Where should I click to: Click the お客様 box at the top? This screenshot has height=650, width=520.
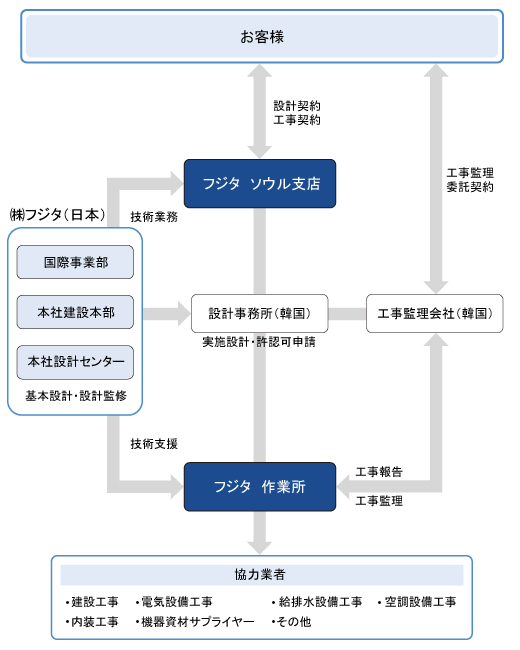click(262, 36)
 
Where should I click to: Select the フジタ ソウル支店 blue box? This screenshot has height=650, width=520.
click(260, 183)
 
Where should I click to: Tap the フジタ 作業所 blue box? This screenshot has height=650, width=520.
click(260, 487)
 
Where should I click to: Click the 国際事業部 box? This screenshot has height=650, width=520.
click(75, 262)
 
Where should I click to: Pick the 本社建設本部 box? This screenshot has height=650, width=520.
click(75, 312)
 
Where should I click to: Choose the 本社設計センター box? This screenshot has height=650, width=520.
click(75, 362)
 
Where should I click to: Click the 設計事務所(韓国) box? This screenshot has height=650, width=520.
click(260, 313)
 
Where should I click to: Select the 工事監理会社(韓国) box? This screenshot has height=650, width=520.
click(435, 313)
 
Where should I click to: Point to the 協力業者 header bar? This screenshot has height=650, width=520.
click(262, 575)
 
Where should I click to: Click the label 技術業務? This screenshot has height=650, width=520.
click(154, 216)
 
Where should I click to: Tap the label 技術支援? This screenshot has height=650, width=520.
click(154, 444)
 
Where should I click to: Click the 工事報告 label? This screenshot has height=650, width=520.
click(379, 472)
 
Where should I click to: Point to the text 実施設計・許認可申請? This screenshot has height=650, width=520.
click(259, 342)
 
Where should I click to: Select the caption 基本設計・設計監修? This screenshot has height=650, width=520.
click(76, 396)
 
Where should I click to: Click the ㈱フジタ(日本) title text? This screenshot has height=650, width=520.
click(57, 215)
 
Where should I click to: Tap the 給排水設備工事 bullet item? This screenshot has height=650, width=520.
click(317, 601)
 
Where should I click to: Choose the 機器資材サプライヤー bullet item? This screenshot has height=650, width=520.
click(195, 621)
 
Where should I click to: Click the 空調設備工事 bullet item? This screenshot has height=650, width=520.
click(417, 601)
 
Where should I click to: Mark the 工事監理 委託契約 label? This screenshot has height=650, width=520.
click(470, 180)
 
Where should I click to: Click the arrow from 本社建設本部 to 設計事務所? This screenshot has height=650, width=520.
click(167, 313)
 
